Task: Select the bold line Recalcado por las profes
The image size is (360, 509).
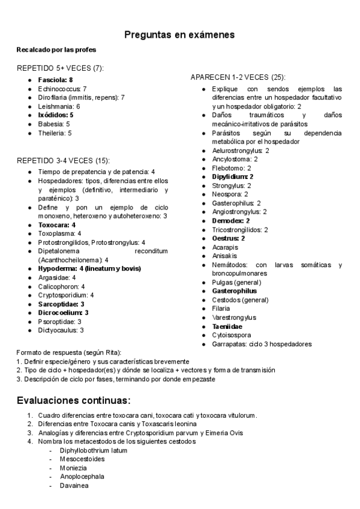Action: coord(56,49)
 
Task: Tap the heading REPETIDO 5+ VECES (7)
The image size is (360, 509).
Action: coord(60,68)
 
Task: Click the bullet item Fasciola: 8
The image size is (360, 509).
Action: coord(55,79)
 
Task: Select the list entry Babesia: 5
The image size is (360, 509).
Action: coord(54,124)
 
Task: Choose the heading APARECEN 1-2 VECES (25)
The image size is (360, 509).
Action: coord(238,77)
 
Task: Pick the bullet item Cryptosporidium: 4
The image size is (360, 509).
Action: coord(65,295)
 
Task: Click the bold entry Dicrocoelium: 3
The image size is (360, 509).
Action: coord(63,313)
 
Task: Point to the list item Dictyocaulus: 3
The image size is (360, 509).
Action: coord(61,330)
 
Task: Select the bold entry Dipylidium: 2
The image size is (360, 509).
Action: coord(232,177)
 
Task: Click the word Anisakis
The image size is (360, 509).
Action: coord(224,256)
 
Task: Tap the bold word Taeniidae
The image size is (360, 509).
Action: coord(227,326)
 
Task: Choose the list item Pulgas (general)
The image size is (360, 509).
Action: coord(236,282)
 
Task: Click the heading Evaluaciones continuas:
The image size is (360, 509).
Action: coord(73,400)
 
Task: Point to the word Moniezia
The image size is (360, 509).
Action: coord(73,468)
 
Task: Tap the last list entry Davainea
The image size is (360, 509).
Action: coord(73,485)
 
